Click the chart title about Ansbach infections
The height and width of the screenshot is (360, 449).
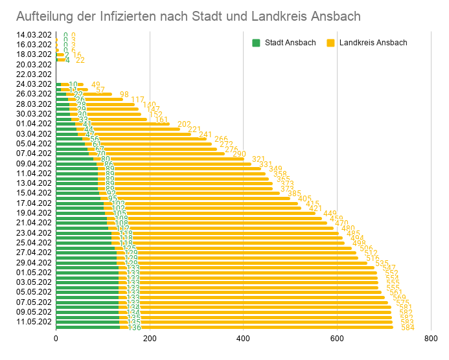(188, 16)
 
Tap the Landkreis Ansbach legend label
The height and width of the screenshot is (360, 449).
(373, 43)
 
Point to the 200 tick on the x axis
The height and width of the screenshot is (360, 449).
(150, 339)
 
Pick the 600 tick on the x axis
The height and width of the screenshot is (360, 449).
(337, 339)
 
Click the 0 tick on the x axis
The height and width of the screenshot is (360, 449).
(56, 339)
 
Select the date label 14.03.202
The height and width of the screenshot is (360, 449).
(34, 35)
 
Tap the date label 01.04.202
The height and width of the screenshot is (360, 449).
(34, 124)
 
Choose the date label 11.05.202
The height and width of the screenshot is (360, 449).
(34, 322)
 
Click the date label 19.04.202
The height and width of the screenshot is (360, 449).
(34, 213)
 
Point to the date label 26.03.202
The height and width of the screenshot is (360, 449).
(34, 94)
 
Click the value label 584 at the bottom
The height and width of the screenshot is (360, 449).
(408, 328)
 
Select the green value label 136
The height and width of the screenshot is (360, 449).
(134, 328)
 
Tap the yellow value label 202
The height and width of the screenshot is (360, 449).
(184, 124)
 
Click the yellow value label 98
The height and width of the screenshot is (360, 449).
(124, 95)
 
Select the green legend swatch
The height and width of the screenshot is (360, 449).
(256, 43)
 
